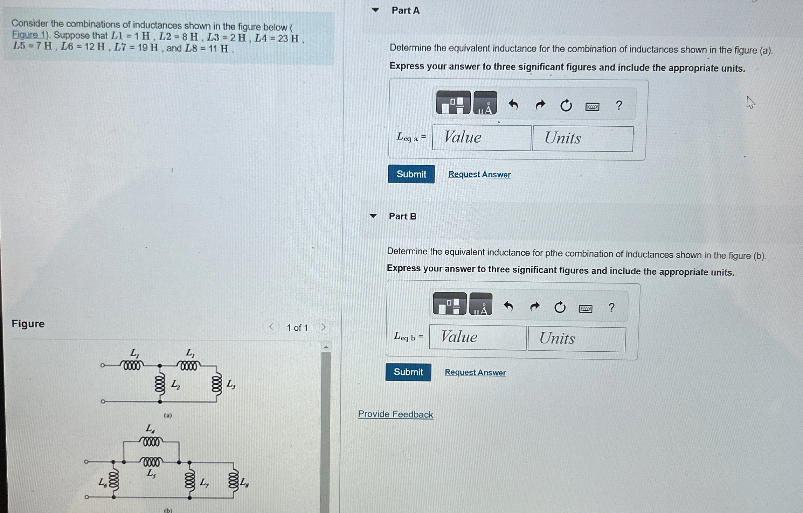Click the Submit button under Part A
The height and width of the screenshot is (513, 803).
tap(411, 174)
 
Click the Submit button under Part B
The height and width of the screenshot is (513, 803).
tap(408, 372)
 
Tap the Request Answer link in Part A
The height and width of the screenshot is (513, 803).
tap(479, 174)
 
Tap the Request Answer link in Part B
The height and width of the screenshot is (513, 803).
tap(475, 372)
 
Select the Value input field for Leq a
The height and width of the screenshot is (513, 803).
tap(482, 138)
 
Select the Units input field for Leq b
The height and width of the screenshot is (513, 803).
tap(576, 338)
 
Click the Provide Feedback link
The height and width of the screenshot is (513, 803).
tap(395, 414)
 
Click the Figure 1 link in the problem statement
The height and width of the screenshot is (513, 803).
tap(30, 35)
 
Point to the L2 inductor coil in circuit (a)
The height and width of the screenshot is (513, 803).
tap(160, 384)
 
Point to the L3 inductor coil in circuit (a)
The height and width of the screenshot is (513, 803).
tap(216, 384)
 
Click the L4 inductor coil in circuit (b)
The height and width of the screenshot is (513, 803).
tap(151, 442)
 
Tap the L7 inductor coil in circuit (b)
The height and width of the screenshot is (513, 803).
tap(190, 480)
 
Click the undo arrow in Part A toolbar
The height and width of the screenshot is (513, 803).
tap(513, 105)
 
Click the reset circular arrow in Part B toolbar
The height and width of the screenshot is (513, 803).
tap(560, 307)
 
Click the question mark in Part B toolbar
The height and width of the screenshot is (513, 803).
tap(611, 307)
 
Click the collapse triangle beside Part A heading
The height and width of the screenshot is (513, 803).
tap(375, 10)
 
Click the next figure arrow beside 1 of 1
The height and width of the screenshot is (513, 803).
tap(323, 327)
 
